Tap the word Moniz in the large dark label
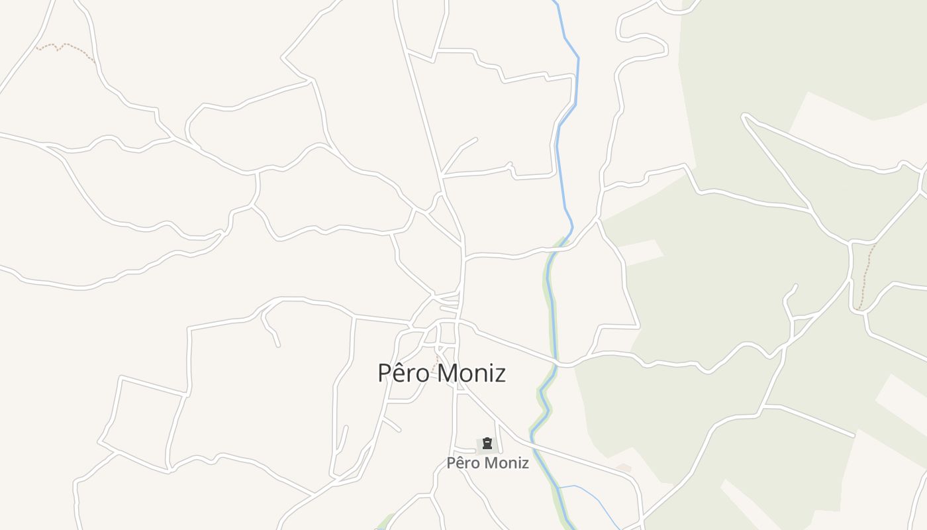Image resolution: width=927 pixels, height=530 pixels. [x=472, y=373]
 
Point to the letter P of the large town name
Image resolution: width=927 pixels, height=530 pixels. [x=383, y=373]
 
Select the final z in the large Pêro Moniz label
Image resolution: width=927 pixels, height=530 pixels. [x=501, y=374]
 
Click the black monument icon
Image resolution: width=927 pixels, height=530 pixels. [x=487, y=443]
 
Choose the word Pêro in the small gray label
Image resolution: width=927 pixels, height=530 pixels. [x=462, y=463]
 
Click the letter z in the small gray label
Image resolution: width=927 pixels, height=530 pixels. [x=525, y=464]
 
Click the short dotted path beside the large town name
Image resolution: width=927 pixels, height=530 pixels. [x=435, y=363]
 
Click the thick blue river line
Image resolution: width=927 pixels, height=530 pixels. [x=568, y=79]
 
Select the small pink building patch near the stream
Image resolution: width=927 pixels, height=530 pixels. [x=623, y=468]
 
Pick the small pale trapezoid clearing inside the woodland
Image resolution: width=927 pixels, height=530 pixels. [x=639, y=252]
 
